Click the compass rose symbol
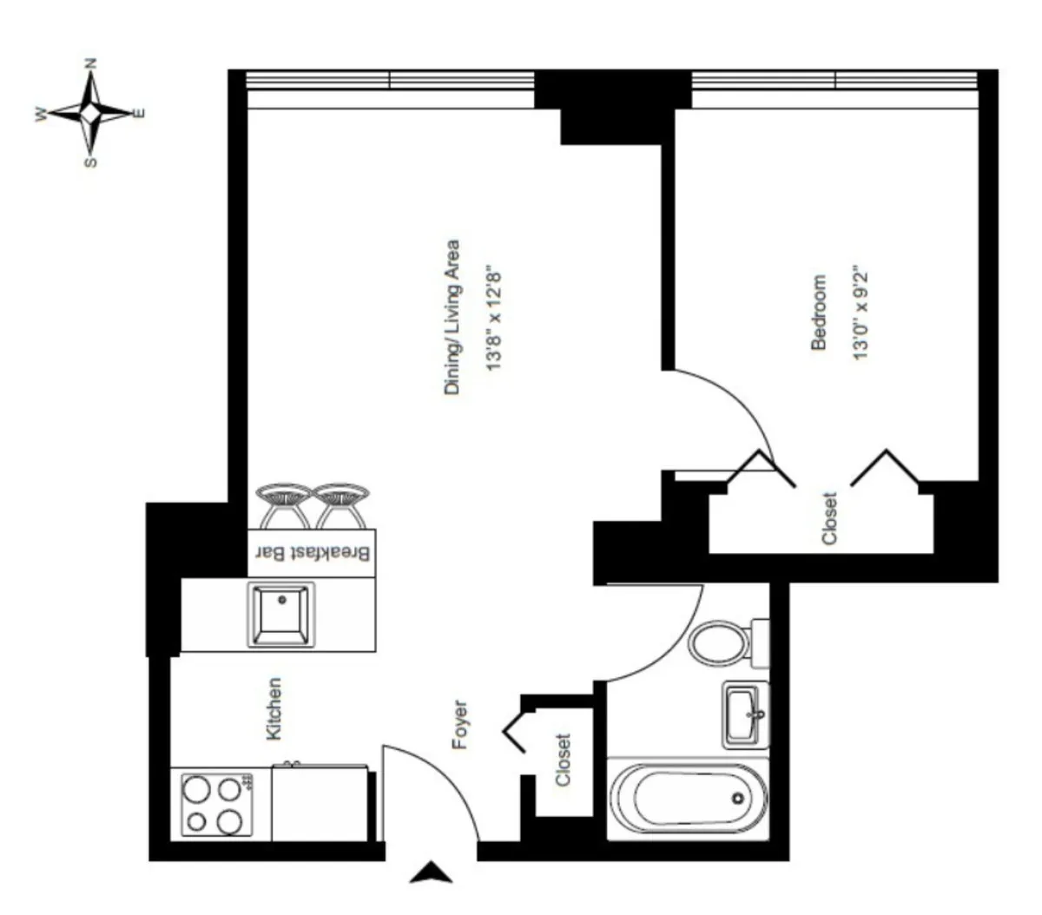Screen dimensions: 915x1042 click(90, 112)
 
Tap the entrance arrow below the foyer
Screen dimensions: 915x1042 click(431, 872)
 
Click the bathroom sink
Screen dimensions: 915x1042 click(746, 715)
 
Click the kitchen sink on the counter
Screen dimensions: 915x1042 click(280, 614)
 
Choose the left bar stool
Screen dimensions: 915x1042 click(283, 505)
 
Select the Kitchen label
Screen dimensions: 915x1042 click(274, 708)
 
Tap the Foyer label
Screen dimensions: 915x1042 click(460, 725)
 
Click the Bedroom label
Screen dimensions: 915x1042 click(818, 313)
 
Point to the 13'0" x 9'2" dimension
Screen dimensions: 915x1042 click(861, 313)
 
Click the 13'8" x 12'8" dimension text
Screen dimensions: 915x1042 click(495, 318)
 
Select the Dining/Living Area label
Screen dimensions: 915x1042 click(452, 318)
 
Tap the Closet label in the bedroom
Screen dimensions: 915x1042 click(829, 518)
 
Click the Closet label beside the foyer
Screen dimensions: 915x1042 click(564, 760)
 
